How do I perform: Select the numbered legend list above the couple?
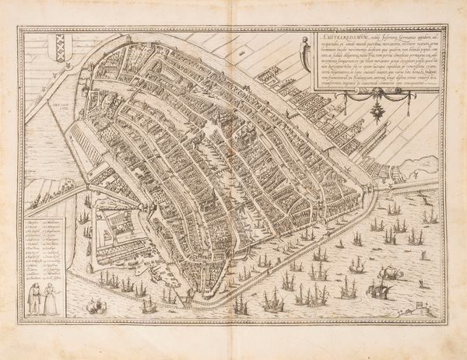(x=45, y=249)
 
